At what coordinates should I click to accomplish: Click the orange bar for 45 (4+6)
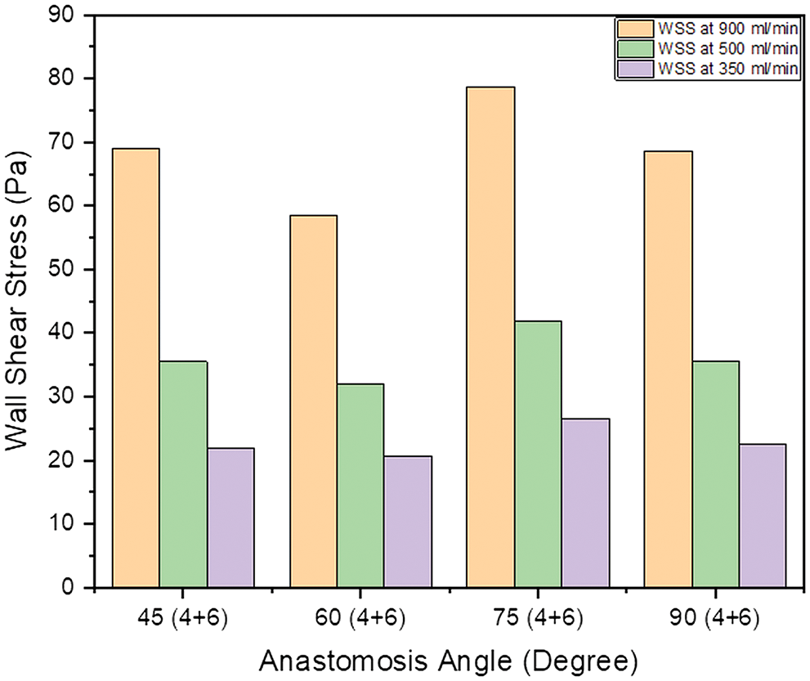pos(136,368)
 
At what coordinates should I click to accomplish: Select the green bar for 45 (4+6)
pos(183,474)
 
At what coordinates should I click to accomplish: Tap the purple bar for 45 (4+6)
pos(230,517)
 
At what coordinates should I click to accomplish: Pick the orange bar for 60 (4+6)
pos(313,401)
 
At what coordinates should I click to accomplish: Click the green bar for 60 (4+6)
pos(360,486)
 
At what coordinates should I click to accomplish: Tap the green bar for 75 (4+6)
pos(538,455)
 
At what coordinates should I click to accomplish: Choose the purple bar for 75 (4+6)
pos(585,503)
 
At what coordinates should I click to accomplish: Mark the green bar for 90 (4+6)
pos(715,474)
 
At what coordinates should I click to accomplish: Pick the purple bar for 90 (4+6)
pos(763,516)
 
